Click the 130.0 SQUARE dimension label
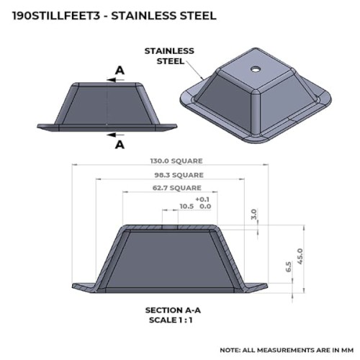(176, 161)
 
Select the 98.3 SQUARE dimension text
(179, 175)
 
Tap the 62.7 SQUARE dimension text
(177, 188)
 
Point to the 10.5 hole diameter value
(186, 206)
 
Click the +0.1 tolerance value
(202, 199)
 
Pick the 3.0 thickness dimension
(254, 215)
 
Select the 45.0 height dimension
(300, 256)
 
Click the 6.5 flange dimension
(289, 266)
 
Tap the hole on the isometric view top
(256, 69)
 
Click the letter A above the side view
(120, 71)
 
